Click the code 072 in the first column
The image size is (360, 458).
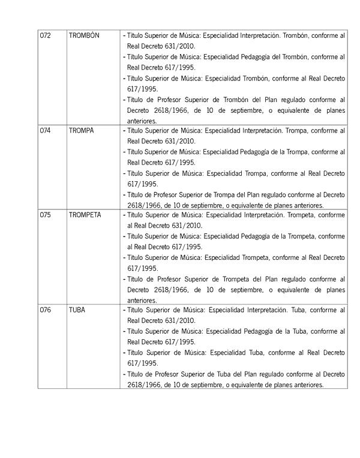click(x=45, y=35)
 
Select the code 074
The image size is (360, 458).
click(x=45, y=130)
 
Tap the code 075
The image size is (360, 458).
click(x=45, y=215)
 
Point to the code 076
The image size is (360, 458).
click(x=45, y=310)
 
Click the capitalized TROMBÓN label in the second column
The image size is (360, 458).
click(x=84, y=35)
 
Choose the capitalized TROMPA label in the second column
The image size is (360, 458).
click(x=82, y=130)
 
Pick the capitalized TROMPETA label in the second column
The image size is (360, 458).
click(x=85, y=215)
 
